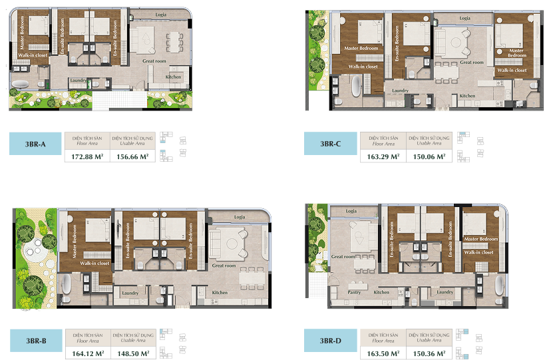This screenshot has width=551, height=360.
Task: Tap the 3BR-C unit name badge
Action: point(331,144)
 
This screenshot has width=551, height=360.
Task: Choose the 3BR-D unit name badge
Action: point(330,340)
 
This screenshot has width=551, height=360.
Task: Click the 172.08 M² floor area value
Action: point(86,157)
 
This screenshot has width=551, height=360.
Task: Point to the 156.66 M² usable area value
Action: point(131,157)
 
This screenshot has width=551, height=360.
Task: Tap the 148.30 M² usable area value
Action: point(132,353)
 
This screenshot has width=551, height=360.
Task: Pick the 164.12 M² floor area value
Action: point(86,353)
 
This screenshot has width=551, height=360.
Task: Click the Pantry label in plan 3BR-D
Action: point(355,292)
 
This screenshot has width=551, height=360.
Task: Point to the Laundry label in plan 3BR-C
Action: point(400,90)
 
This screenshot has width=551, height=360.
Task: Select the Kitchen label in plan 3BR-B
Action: point(220,293)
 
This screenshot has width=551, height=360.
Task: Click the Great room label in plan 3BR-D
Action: point(343,256)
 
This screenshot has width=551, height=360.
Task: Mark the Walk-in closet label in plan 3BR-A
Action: point(34,55)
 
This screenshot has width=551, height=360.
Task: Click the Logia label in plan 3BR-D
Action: point(351,211)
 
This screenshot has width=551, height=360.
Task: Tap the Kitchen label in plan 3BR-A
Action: point(173,77)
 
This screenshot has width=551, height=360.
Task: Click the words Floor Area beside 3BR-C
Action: point(383,143)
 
